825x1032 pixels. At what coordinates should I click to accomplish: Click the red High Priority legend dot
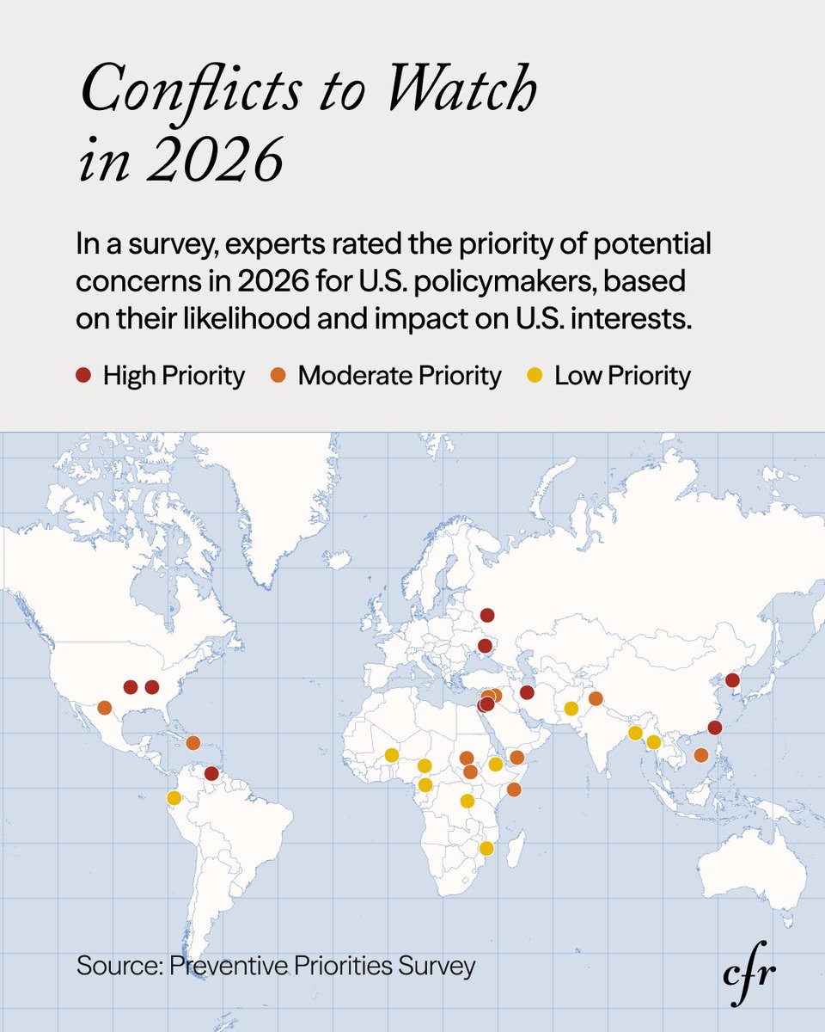pos(82,376)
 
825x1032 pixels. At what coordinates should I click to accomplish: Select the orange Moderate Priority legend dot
pos(278,376)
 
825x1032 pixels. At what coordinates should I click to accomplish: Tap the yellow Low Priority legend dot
pos(534,376)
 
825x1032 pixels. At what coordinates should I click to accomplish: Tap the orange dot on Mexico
pos(105,708)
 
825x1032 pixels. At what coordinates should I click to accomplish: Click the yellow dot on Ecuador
pos(174,798)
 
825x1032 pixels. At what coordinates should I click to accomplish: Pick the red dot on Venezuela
pos(212,774)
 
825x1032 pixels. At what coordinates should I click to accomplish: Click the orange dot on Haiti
pos(193,742)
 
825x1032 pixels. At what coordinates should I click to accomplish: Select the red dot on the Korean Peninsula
pos(732,680)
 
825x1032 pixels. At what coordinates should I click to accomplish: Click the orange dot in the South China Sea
pos(701,755)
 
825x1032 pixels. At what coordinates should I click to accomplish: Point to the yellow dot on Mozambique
pos(486,849)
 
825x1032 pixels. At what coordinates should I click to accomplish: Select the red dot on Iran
pos(528,692)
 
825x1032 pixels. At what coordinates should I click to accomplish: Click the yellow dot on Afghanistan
pos(571,709)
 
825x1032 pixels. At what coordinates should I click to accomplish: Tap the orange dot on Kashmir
pos(596,697)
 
